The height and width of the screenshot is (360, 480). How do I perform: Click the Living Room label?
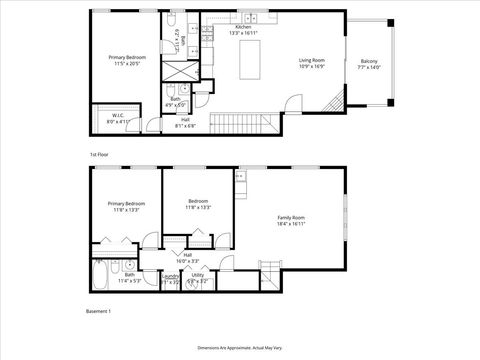click(311, 63)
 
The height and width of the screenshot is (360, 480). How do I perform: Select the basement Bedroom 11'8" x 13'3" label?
click(198, 205)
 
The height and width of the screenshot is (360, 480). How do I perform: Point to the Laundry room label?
click(170, 281)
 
